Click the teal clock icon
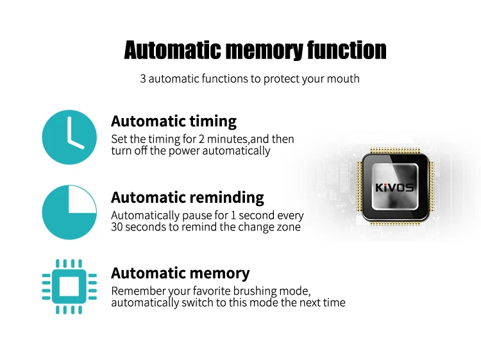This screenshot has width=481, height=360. [69, 137]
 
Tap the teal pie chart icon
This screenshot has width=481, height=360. [69, 212]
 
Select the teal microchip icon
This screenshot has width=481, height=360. [69, 287]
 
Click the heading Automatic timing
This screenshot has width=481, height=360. [173, 121]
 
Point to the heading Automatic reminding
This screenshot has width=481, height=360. [187, 197]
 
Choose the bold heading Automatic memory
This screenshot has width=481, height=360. [180, 273]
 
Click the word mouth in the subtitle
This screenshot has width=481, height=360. [345, 79]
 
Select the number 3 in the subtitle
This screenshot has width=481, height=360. [143, 79]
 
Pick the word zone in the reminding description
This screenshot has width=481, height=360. [288, 227]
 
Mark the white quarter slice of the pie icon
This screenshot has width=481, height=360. [82, 199]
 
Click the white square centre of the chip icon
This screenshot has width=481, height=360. [69, 287]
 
